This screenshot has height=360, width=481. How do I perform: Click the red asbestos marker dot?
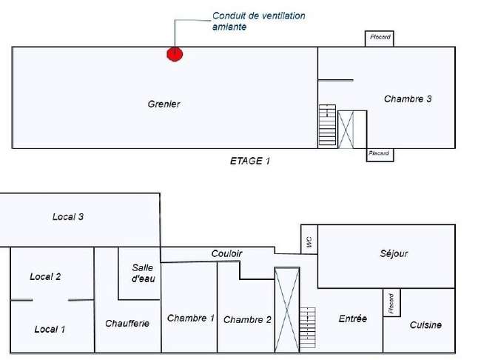tap(175, 54)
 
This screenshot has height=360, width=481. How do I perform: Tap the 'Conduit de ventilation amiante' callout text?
tap(258, 21)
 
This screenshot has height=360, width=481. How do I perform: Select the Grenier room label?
tap(164, 104)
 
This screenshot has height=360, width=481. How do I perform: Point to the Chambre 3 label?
tap(408, 99)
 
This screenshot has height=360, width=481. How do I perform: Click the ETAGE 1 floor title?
tap(250, 161)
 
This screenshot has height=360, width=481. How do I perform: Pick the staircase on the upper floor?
tap(327, 124)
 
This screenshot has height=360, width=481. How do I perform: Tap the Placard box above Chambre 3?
tap(380, 39)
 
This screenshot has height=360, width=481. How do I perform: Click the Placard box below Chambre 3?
tap(380, 155)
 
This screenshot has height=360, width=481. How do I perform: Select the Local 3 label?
tap(68, 217)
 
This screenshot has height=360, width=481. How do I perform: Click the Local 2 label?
tap(45, 277)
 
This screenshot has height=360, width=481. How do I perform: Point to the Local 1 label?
tap(50, 330)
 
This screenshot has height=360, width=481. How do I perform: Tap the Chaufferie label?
tap(127, 324)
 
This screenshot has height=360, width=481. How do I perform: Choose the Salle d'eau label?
tap(144, 273)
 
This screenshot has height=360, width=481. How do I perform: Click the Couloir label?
tap(226, 254)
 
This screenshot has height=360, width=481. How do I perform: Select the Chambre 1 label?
tap(191, 319)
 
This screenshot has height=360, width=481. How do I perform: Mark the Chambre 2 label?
tap(247, 320)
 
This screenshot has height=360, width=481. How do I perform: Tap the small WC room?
tap(309, 239)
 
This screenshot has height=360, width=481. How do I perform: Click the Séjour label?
tap(394, 254)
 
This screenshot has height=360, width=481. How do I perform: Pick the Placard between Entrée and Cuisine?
tap(391, 302)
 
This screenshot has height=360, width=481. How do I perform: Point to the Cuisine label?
tap(425, 325)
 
